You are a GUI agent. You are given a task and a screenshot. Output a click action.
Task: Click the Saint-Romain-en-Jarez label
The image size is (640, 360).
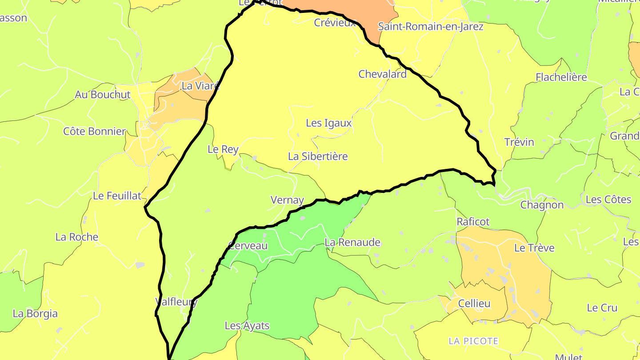point(430,27)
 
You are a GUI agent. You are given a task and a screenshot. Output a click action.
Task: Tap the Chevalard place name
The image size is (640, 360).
point(382,74)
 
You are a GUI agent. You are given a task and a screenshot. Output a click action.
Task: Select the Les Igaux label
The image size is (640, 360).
point(328,123)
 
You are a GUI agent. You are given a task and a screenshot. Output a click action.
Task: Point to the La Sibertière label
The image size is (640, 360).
point(318,156)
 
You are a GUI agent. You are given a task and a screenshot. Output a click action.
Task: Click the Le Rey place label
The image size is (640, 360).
point(223,149)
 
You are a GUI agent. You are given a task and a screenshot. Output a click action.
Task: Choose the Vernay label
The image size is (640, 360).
point(287,200)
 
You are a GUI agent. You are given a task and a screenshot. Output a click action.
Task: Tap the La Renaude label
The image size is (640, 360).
point(352,242)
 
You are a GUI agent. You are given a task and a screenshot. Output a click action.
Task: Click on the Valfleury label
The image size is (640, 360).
point(176,302)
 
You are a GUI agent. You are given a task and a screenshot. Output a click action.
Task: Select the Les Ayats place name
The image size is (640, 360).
point(247,326)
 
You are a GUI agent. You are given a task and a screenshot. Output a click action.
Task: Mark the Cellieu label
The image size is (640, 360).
point(474,304)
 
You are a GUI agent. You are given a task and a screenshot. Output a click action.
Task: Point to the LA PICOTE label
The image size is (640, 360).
point(473,341)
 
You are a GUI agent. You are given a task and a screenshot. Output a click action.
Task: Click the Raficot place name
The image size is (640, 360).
point(473,221)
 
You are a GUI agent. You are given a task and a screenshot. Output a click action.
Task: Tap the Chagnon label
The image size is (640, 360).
point(542,205)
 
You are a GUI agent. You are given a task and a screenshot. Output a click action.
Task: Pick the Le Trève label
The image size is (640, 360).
point(534,248)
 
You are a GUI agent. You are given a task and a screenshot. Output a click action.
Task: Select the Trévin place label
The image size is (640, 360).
point(519,142)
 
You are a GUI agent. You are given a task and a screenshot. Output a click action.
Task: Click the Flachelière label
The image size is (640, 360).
point(561,77)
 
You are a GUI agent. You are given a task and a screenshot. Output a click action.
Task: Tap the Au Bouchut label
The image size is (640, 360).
point(103,95)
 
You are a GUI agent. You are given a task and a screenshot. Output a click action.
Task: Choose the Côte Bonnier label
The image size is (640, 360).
point(94,132)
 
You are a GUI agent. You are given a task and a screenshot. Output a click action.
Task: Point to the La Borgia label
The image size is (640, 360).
point(35,313)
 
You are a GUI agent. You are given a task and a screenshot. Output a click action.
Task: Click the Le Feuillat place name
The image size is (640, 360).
point(117,196)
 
